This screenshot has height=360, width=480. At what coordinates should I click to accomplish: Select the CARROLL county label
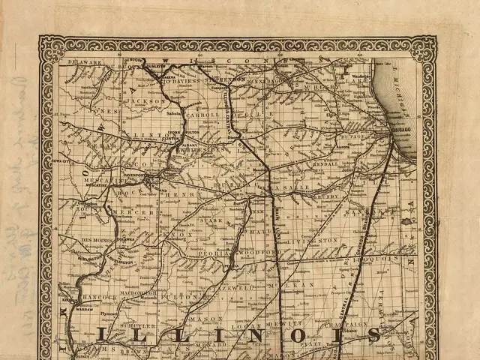(x=204, y=115)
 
